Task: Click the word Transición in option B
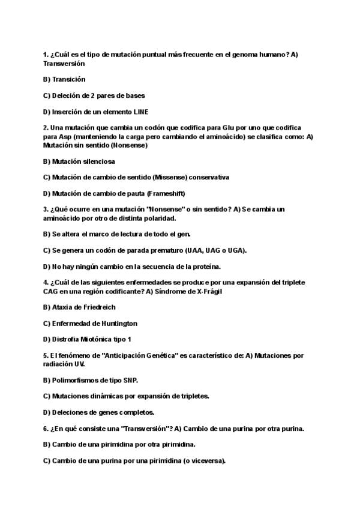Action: (69, 79)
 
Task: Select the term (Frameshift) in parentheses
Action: (164, 193)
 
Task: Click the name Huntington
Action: (115, 323)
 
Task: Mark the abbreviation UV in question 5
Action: (79, 364)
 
